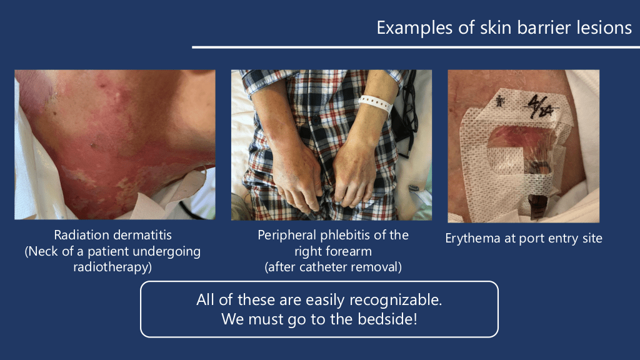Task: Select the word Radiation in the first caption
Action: pyautogui.click(x=81, y=235)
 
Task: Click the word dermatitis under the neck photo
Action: pyautogui.click(x=142, y=235)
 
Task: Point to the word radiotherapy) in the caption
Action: pyautogui.click(x=112, y=267)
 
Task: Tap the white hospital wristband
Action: pyautogui.click(x=376, y=104)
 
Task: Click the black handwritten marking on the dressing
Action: pyautogui.click(x=539, y=106)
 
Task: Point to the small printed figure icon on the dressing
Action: pyautogui.click(x=499, y=101)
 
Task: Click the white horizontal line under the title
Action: pyautogui.click(x=416, y=47)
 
